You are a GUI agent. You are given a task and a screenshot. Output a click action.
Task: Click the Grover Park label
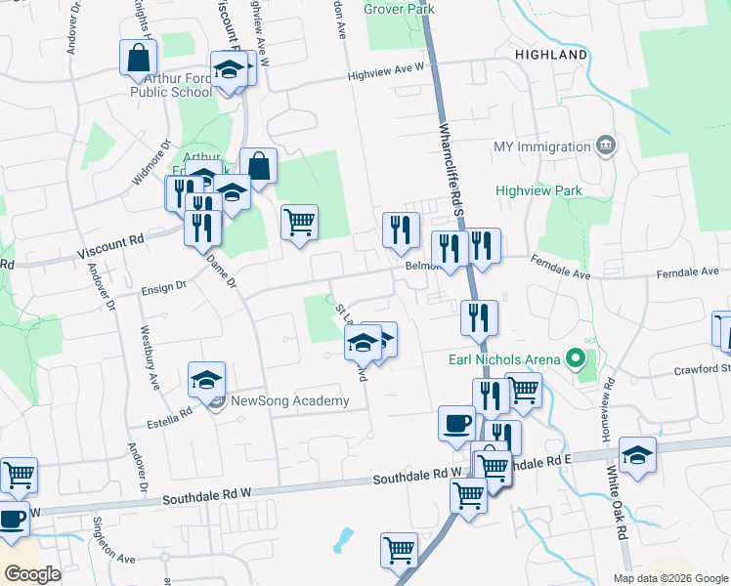[399, 10]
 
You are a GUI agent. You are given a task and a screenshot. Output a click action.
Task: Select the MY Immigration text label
[542, 146]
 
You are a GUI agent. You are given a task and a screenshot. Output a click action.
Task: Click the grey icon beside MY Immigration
[606, 146]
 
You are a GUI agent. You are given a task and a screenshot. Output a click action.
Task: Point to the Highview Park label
[538, 190]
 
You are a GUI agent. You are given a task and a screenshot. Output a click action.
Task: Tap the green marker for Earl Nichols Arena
[576, 358]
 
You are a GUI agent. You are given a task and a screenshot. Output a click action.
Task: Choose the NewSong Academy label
[290, 401]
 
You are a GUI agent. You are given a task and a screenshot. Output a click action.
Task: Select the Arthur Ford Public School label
[171, 85]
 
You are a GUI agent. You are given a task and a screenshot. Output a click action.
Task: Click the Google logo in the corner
[32, 574]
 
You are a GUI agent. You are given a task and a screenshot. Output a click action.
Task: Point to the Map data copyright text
[669, 578]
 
